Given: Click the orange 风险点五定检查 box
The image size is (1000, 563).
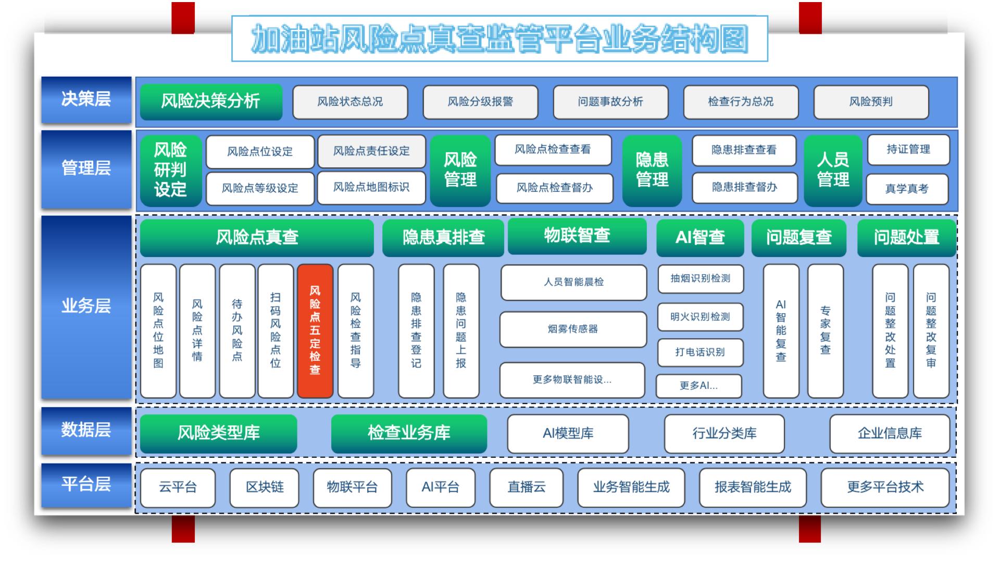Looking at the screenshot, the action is (x=315, y=331).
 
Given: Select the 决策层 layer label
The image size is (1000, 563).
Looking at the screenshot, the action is (x=86, y=100).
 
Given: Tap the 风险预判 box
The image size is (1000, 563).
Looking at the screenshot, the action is (x=871, y=102).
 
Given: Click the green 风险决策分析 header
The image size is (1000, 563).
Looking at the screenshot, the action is (x=211, y=102).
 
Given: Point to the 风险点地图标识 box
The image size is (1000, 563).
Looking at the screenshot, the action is (x=371, y=187).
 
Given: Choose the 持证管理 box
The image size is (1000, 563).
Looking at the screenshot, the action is (x=908, y=150).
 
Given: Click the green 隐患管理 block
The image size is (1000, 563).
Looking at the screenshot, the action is (x=652, y=170).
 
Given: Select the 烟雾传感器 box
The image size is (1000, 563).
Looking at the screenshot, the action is (x=573, y=329).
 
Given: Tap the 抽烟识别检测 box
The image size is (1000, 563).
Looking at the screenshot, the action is (x=700, y=279).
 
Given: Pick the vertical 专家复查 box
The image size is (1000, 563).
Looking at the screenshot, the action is (x=826, y=331).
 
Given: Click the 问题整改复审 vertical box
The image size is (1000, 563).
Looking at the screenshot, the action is (x=931, y=331).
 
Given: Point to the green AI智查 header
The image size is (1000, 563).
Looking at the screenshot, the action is (x=700, y=238).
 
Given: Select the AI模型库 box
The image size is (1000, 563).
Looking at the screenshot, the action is (x=568, y=434).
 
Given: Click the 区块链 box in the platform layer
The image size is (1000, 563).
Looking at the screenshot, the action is (x=265, y=488).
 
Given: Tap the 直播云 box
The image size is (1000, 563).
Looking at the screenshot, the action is (x=527, y=488).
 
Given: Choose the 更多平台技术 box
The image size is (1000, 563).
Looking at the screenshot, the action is (x=885, y=488).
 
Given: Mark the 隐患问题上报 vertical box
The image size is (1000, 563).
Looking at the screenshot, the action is (x=461, y=331).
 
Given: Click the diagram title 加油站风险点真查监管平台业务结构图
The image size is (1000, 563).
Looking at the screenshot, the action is (x=500, y=39).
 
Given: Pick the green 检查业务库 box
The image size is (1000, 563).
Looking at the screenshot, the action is (x=409, y=433).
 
